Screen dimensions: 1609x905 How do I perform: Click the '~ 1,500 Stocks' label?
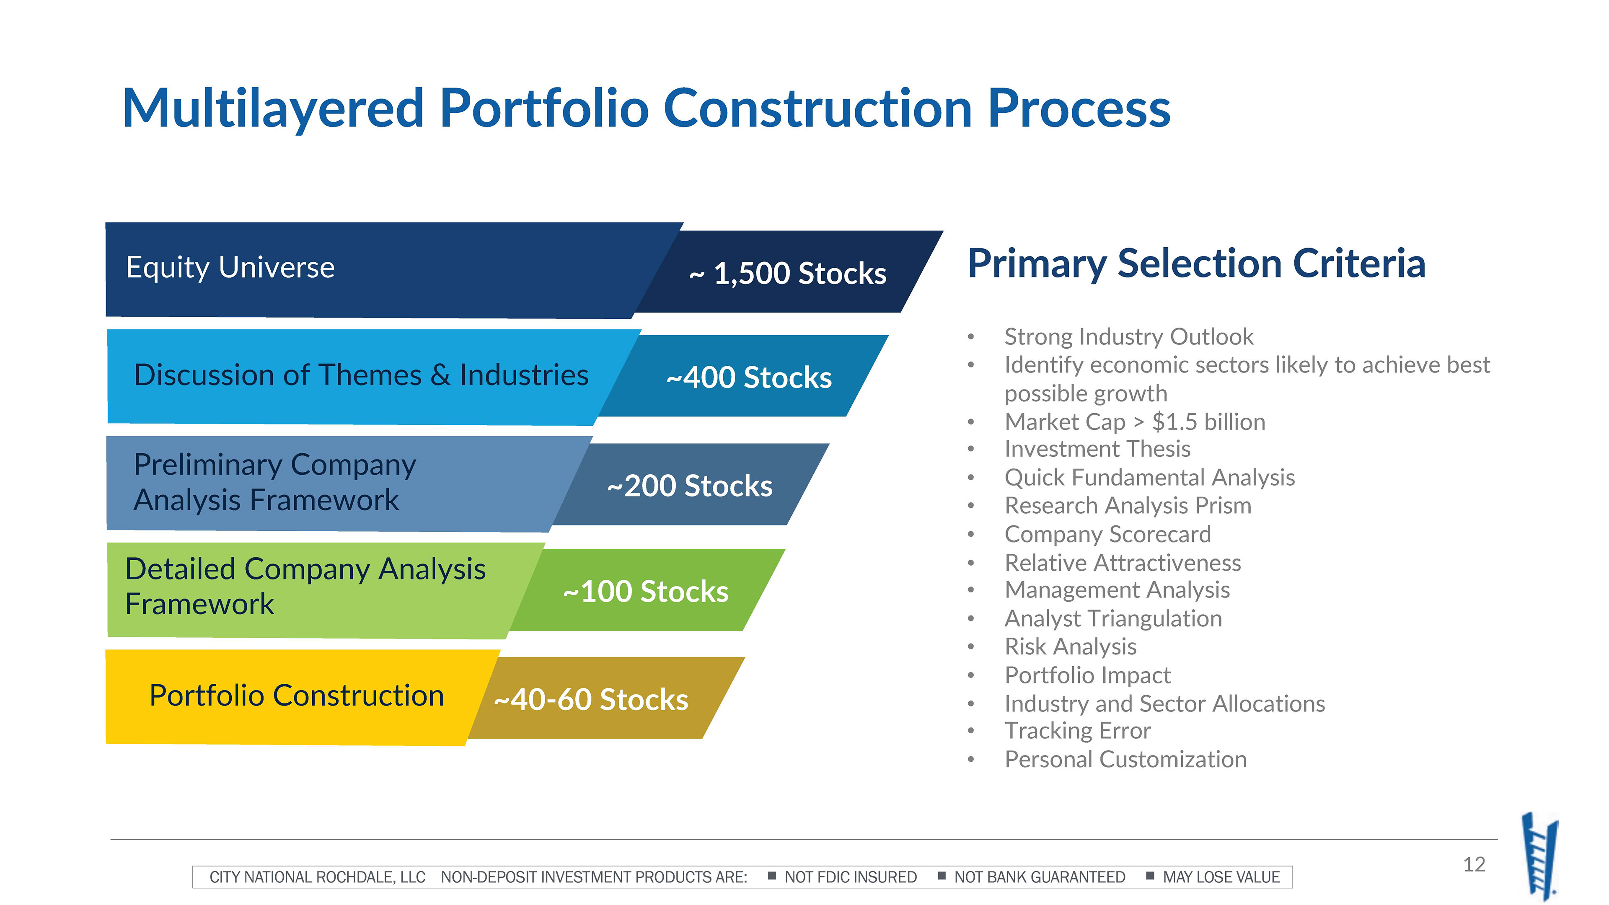click(788, 273)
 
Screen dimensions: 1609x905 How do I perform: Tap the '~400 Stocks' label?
click(749, 377)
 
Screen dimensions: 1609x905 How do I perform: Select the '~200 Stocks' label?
click(690, 485)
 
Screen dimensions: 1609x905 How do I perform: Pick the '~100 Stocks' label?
click(646, 591)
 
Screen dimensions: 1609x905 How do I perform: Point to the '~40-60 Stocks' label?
click(591, 699)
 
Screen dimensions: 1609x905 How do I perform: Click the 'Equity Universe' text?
click(230, 267)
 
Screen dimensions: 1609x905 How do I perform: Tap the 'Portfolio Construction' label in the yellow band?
click(297, 695)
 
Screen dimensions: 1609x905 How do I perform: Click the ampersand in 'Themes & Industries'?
click(440, 375)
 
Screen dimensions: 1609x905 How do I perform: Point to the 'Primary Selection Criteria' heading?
click(1197, 264)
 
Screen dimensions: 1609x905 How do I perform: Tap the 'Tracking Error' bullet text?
click(1077, 731)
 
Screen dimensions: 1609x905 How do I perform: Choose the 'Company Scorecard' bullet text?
click(1107, 534)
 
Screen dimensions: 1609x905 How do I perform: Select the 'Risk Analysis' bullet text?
click(1071, 646)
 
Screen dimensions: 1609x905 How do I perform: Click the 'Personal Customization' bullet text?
click(1125, 759)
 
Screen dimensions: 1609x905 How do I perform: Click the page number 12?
click(1474, 864)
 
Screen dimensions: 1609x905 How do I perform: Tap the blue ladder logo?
click(1540, 856)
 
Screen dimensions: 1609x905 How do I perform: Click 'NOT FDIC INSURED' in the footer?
click(851, 877)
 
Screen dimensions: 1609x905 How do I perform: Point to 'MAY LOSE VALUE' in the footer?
click(1221, 877)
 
